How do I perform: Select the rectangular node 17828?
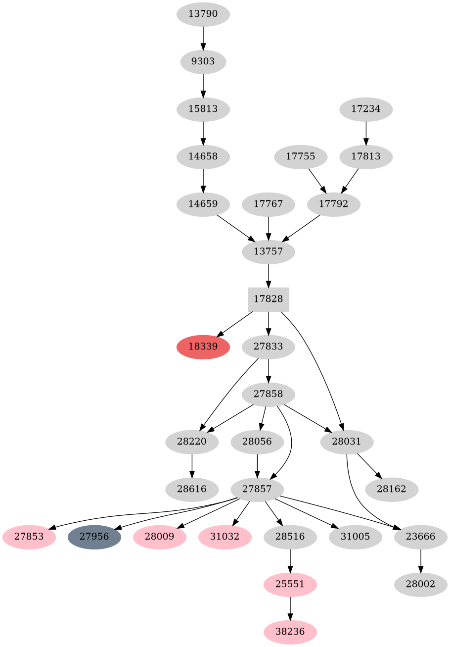click(269, 299)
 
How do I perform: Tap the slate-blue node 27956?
click(94, 537)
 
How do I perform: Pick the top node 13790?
click(203, 14)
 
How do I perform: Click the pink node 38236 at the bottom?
click(290, 632)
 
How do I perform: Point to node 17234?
click(366, 109)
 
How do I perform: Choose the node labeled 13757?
click(269, 251)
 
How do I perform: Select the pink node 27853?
click(29, 537)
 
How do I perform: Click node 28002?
click(421, 584)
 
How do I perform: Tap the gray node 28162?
click(392, 489)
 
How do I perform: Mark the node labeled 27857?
click(257, 489)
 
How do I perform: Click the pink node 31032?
click(225, 537)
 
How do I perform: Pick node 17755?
click(301, 156)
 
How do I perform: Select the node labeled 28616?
click(192, 489)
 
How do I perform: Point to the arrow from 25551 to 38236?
click(290, 608)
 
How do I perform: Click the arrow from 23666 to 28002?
click(421, 560)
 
